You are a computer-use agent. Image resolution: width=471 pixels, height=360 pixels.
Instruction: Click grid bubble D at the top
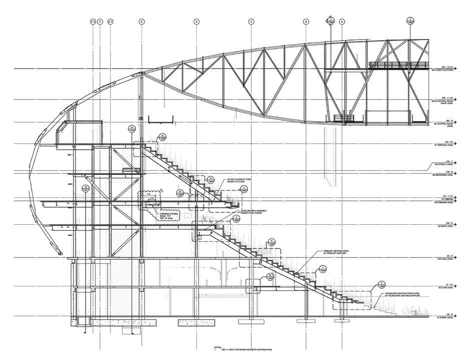[x=196, y=22]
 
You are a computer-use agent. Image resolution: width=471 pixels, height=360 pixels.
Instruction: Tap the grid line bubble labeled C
[x=251, y=22]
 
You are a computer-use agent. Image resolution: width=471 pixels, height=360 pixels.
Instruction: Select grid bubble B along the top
[x=306, y=22]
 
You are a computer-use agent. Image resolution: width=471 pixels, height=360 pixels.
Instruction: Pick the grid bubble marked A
[x=342, y=22]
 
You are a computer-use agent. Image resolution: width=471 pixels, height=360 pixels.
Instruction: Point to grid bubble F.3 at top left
[x=93, y=22]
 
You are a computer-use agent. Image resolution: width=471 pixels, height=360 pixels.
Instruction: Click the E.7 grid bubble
[x=111, y=22]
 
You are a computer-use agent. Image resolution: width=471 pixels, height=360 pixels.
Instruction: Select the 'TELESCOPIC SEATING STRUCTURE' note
[x=400, y=294]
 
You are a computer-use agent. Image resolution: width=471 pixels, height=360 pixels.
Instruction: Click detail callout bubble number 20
[x=270, y=276]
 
